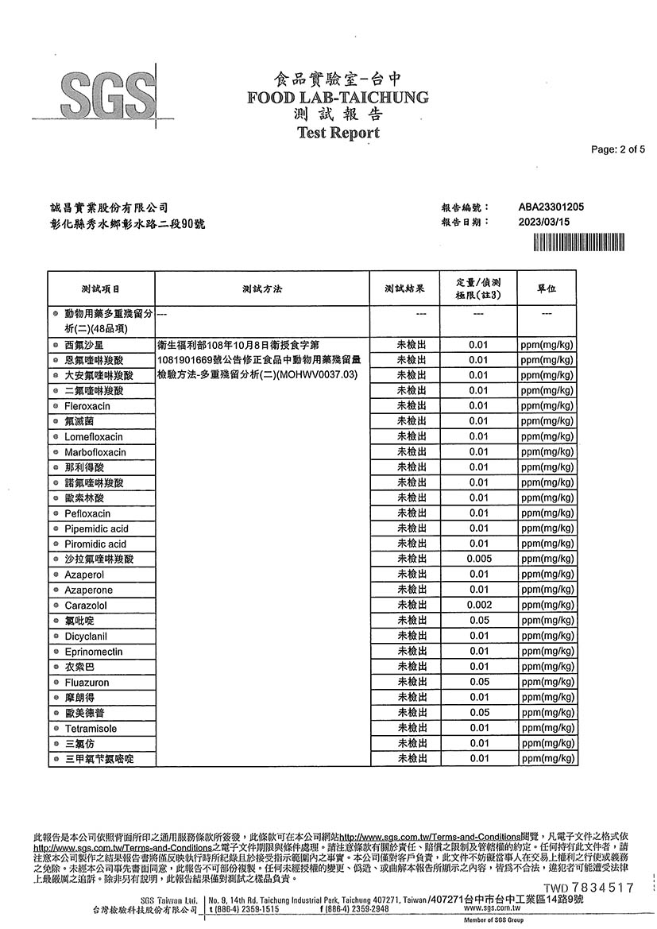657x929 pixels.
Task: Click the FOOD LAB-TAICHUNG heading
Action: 338,98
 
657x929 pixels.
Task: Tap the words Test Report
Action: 338,134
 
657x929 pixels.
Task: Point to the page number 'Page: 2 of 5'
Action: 618,149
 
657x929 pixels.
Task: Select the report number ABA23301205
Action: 551,207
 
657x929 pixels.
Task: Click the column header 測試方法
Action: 263,288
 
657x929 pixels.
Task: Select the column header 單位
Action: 547,288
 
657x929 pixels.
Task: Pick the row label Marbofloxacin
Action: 95,452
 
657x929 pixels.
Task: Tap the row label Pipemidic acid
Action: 96,528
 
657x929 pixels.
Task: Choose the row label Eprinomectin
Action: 94,652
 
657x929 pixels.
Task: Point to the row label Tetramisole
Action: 91,729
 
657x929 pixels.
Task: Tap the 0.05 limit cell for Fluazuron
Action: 478,683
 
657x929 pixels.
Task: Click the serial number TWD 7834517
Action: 589,888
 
